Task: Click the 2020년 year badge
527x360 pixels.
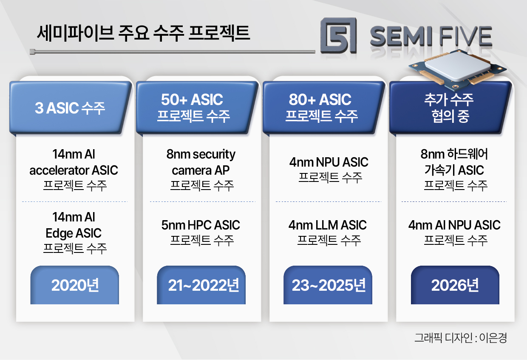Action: [74, 285]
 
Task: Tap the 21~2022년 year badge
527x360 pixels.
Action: [201, 285]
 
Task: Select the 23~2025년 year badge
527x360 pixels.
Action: [328, 285]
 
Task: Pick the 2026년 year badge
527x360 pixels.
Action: [455, 285]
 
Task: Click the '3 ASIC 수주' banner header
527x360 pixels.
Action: [70, 108]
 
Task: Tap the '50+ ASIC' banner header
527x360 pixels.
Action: [197, 108]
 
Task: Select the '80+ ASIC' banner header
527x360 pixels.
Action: [323, 108]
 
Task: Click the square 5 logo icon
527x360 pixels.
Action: [339, 35]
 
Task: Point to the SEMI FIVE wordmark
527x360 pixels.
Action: [431, 36]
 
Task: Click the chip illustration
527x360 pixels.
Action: [457, 69]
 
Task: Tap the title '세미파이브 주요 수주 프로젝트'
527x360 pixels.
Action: [143, 33]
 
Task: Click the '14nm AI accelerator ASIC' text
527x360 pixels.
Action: [74, 162]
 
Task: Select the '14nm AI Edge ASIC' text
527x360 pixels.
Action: [74, 225]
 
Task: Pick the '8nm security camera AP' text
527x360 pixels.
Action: [201, 162]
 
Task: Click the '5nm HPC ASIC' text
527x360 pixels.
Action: [201, 225]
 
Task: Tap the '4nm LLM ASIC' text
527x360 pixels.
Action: [328, 225]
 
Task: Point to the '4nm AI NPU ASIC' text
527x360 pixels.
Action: [454, 225]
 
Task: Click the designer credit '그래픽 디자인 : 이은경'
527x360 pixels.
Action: [460, 338]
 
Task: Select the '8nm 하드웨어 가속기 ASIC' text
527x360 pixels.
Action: [454, 162]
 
